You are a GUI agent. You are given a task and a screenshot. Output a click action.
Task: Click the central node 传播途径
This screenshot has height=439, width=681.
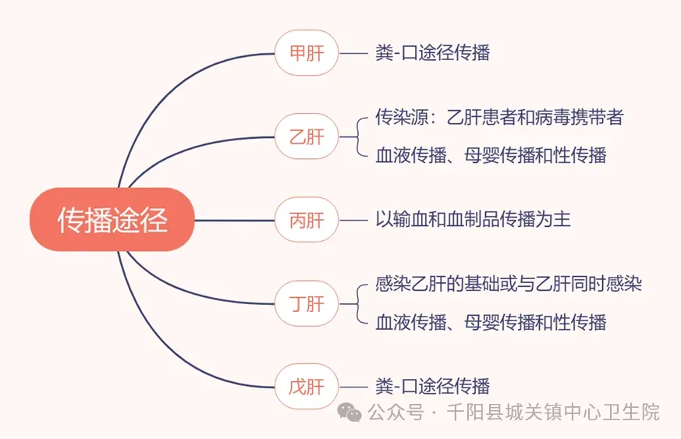[x=112, y=220]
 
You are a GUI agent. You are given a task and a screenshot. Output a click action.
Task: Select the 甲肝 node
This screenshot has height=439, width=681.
[x=307, y=53]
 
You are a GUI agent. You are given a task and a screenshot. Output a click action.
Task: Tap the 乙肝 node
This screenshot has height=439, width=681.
[x=307, y=136]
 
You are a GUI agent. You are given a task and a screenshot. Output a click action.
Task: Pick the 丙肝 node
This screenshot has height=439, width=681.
[x=307, y=220]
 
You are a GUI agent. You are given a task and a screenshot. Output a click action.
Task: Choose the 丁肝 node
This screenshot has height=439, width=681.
[x=307, y=303]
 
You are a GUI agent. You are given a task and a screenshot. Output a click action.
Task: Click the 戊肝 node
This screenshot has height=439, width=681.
[x=307, y=387]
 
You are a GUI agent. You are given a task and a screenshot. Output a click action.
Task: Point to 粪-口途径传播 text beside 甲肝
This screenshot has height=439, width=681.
[x=433, y=53]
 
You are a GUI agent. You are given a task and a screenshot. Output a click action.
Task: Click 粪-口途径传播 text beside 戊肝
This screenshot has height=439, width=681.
[x=433, y=386]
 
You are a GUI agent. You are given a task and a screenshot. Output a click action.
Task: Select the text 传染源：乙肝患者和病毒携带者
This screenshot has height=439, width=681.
[x=499, y=117]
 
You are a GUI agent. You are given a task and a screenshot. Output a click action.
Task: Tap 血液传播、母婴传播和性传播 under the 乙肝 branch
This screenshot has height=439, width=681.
[x=491, y=155]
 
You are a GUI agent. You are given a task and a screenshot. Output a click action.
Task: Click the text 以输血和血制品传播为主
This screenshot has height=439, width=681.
[x=473, y=219]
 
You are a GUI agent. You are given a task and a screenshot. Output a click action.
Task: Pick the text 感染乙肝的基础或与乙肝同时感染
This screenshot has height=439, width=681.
[x=509, y=284]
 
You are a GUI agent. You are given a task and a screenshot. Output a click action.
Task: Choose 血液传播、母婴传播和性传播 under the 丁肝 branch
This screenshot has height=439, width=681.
[x=491, y=322]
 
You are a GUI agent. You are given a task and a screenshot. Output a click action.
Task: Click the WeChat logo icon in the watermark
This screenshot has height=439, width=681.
[x=349, y=412]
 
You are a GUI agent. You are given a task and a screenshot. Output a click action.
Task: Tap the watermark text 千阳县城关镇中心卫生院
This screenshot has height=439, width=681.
[x=553, y=412]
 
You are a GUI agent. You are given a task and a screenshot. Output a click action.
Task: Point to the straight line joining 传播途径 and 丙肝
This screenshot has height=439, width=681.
[x=235, y=220]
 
